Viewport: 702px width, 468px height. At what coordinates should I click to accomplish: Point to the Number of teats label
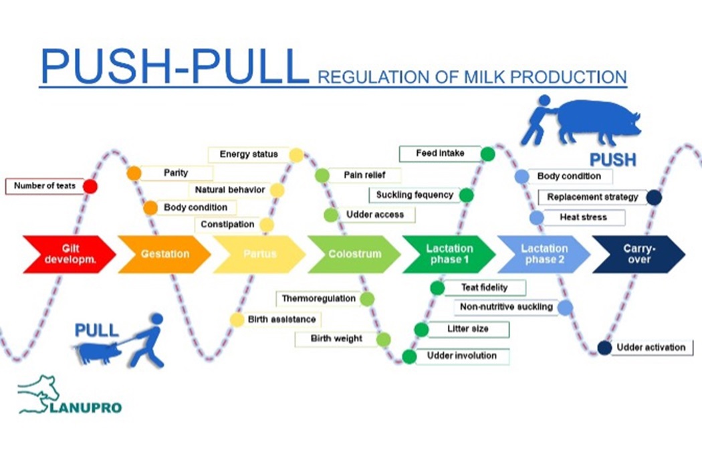44,186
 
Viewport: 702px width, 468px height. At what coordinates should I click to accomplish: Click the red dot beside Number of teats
90,187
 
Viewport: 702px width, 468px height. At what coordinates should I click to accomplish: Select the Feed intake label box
440,154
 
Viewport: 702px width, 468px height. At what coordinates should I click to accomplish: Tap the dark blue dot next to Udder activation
604,348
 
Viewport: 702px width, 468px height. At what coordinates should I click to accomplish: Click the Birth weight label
336,339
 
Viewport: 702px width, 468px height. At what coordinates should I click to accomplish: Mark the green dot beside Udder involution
409,356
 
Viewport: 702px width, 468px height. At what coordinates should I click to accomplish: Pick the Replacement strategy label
592,197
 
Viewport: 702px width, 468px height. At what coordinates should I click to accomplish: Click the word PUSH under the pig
612,160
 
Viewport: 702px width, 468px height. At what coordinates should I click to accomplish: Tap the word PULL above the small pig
96,330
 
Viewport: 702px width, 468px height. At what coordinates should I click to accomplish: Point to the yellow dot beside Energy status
296,155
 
